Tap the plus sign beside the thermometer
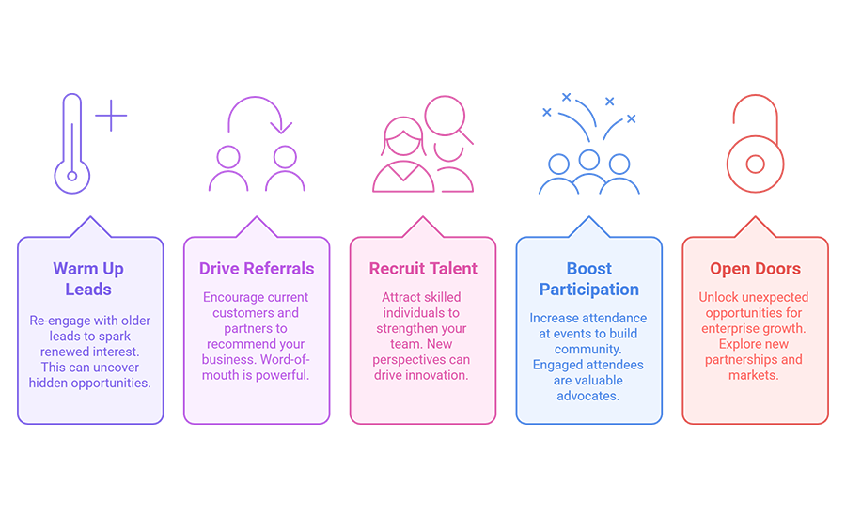click(111, 115)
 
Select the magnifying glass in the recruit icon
click(446, 117)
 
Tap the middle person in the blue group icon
click(589, 161)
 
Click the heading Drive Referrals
click(257, 268)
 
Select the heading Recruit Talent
click(423, 268)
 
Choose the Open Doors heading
click(755, 268)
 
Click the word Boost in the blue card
click(589, 268)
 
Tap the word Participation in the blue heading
click(589, 290)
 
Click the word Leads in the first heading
click(88, 290)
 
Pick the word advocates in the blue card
click(588, 396)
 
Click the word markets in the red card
click(754, 375)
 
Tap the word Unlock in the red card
click(716, 297)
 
